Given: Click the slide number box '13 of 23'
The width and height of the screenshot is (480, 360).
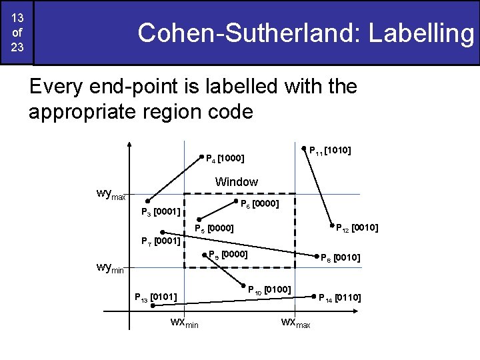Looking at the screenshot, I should coord(17,33).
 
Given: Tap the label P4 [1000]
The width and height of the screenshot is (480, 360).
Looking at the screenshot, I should coord(224,159).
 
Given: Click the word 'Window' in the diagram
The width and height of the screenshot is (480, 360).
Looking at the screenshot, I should coord(236,182).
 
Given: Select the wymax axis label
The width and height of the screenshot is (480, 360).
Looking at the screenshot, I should coord(111,195).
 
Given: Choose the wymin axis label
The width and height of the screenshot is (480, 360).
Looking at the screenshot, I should coord(111,268).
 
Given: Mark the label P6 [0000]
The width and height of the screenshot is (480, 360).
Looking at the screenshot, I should coord(259,203).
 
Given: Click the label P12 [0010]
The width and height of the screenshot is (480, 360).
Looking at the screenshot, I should coord(356,228).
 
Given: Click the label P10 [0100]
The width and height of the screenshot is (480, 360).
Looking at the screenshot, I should coord(268,289).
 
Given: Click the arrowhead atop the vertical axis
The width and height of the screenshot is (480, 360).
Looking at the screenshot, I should coord(129,145).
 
